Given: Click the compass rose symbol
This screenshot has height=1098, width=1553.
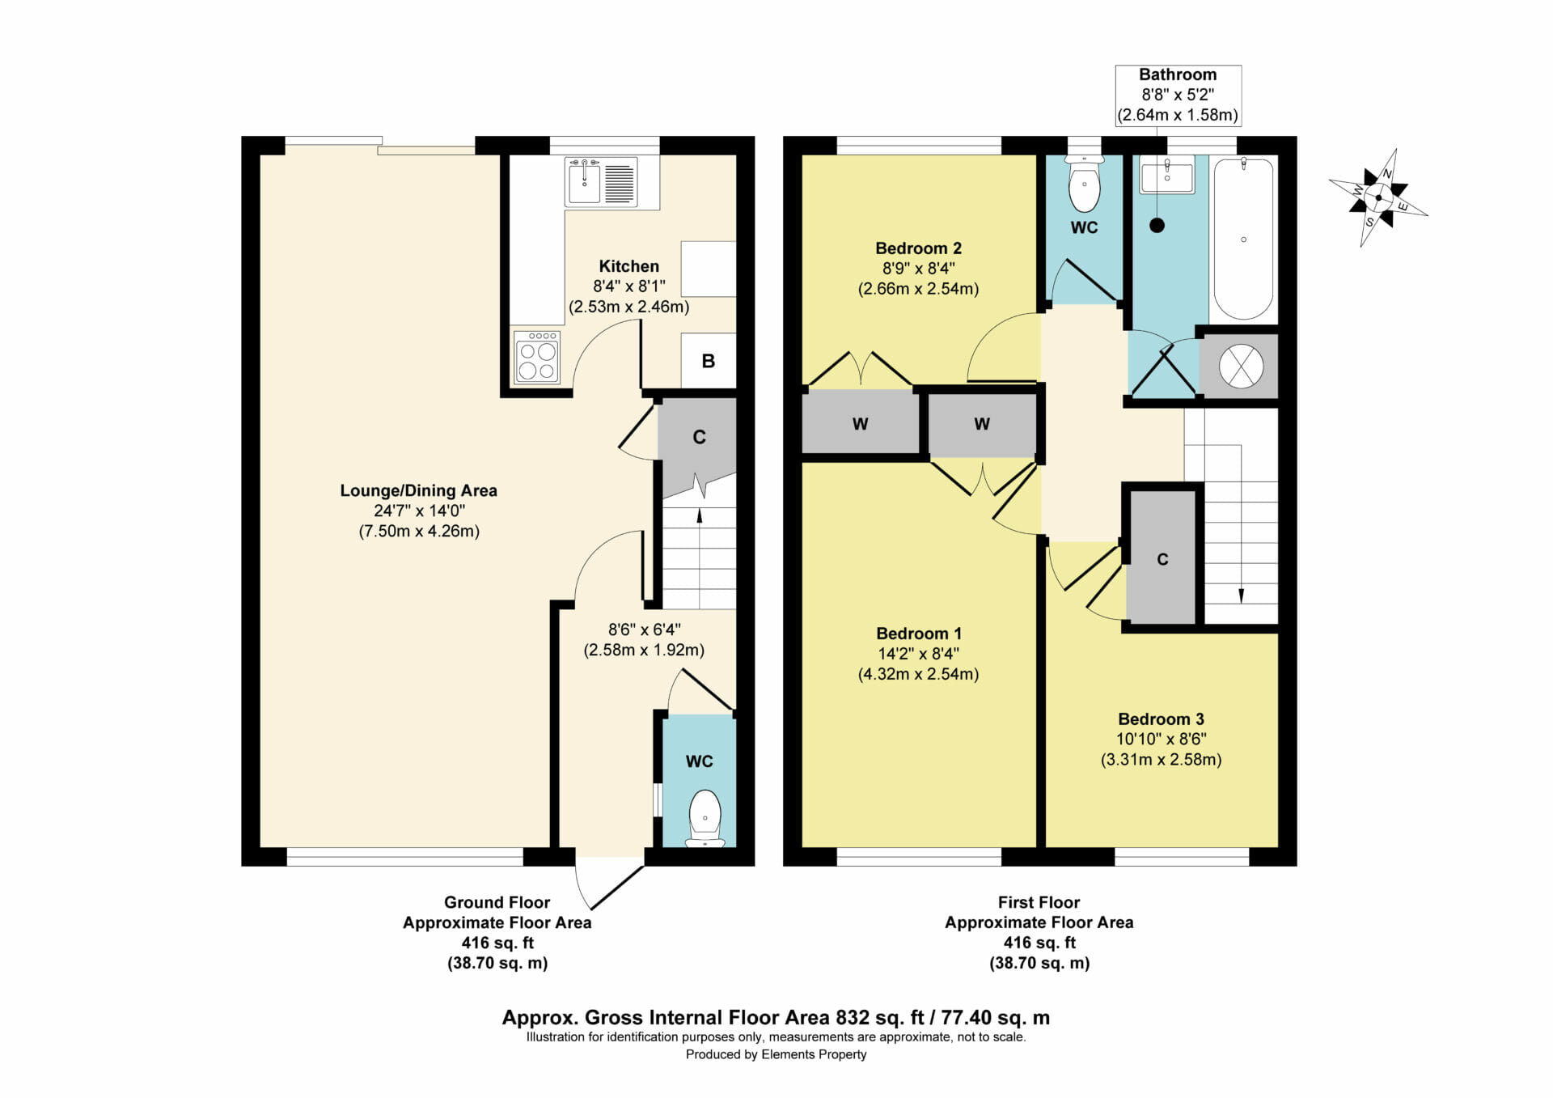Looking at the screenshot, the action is point(1378,197).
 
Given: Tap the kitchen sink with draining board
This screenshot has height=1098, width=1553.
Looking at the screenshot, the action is point(601,182).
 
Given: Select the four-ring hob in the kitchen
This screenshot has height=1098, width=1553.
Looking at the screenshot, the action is point(536,357).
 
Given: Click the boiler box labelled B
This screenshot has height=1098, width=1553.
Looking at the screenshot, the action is point(709,361).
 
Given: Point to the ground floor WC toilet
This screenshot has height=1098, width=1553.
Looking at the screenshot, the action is point(705,818).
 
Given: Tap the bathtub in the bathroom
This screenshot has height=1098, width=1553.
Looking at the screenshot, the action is point(1243,239).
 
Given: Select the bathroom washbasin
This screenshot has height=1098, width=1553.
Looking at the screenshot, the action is point(1166,176).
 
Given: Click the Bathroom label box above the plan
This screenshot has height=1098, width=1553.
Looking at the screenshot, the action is point(1178,95).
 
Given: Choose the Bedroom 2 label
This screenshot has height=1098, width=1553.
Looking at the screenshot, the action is point(918,248).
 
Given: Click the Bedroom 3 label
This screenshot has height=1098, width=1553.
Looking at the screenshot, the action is point(1161,719).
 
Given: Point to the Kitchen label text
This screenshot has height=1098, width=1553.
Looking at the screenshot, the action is point(628,266).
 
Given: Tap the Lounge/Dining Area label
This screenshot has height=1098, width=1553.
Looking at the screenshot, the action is point(418,490).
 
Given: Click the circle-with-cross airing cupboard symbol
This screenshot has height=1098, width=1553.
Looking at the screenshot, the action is point(1241,366).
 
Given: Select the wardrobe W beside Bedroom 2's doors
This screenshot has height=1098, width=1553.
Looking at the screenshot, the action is point(860,423).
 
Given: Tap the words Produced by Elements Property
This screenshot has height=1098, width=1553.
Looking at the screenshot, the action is point(776,1054).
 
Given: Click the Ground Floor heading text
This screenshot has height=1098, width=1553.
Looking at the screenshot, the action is point(497,902).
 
